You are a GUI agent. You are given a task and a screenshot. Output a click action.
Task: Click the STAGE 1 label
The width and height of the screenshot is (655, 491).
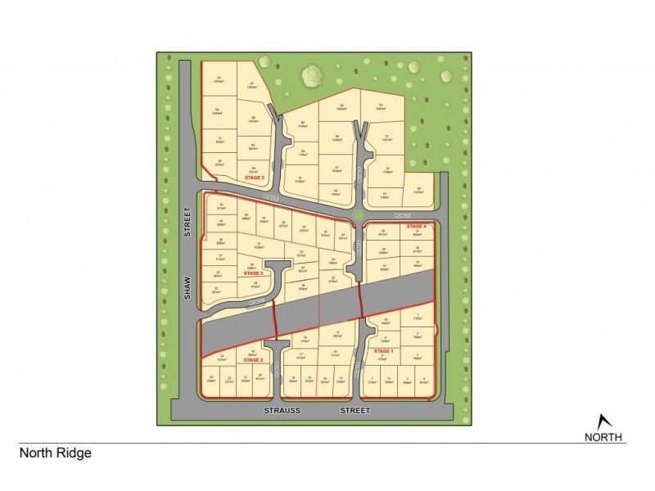(383, 350)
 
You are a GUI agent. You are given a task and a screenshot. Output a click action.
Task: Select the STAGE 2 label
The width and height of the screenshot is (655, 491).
(252, 359)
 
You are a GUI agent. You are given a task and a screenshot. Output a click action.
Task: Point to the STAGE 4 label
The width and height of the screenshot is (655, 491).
(416, 225)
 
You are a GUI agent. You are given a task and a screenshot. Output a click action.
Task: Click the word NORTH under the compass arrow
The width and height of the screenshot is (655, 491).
(603, 437)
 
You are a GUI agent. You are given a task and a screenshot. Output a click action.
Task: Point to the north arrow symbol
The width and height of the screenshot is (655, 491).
(603, 421)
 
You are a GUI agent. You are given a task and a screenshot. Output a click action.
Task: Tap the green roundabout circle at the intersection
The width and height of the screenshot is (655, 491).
(357, 215)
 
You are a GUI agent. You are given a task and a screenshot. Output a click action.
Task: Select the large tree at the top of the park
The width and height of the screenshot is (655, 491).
(311, 77)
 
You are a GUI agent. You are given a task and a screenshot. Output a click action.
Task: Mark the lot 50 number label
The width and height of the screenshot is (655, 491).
(381, 105)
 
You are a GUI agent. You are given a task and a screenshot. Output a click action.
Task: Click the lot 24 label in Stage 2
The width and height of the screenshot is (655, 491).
(222, 356)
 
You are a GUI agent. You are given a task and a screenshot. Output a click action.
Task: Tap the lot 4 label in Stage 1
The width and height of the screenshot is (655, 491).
(424, 378)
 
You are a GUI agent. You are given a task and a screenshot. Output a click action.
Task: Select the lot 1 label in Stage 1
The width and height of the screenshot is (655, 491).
(418, 315)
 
